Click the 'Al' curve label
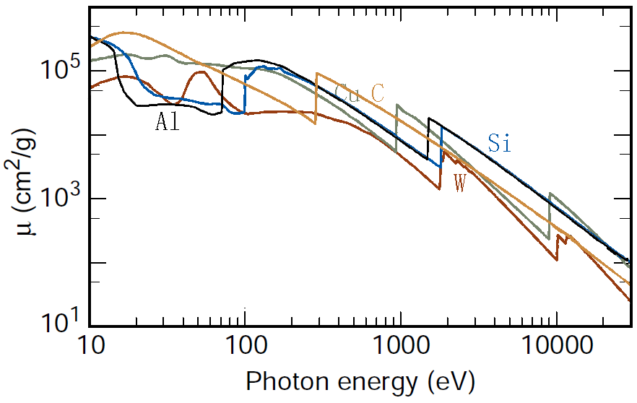coord(167,121)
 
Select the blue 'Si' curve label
coord(499,144)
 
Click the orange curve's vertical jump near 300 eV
coord(316,97)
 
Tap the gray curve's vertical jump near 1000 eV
coord(396,128)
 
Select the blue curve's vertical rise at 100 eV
coord(245,94)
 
